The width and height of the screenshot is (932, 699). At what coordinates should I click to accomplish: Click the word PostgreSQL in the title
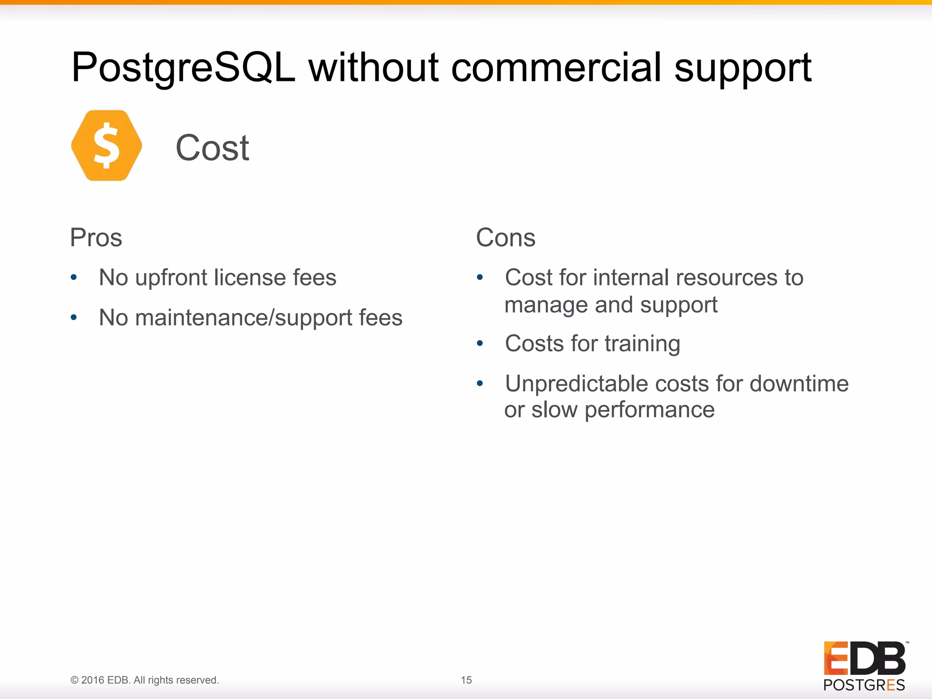coord(183,68)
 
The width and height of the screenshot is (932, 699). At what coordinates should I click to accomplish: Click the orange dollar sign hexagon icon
coord(106,146)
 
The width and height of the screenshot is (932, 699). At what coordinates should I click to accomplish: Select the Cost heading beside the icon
coord(213,148)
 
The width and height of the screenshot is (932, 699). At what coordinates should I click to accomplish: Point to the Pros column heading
coord(96,238)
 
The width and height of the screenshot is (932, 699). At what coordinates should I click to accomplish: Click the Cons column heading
coord(506,238)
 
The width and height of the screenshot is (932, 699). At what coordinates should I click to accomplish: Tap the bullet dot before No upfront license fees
coord(74,277)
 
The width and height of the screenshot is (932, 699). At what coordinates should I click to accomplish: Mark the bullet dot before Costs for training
coord(480,343)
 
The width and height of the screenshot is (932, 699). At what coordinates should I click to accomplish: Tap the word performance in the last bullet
coord(649,410)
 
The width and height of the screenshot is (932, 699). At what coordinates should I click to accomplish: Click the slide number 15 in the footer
coord(466,680)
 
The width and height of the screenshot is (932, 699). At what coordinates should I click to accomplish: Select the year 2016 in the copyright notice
coord(93,680)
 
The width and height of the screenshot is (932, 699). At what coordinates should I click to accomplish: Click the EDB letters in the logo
coord(864,658)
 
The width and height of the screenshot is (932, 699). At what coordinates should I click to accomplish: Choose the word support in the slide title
coord(743,68)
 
